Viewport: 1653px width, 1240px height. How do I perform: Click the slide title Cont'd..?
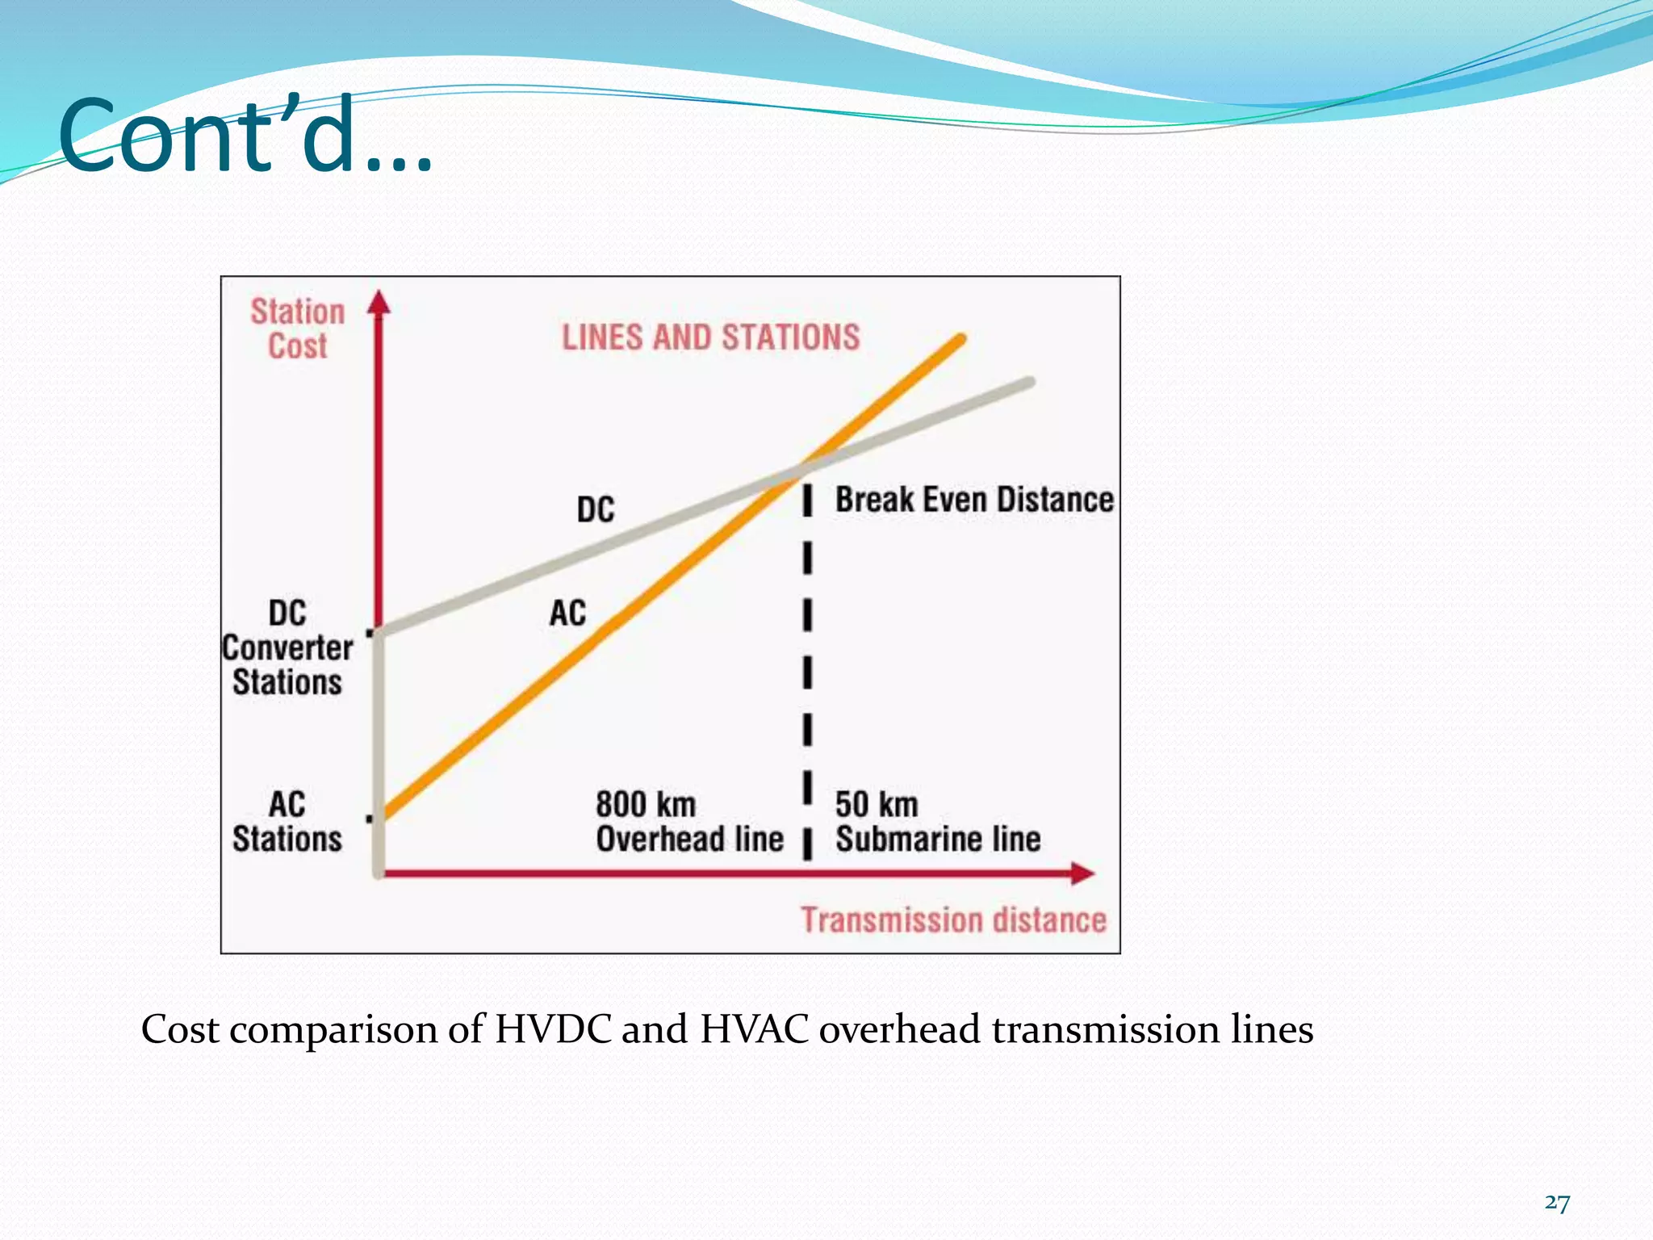246,136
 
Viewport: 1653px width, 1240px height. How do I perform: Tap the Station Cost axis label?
297,329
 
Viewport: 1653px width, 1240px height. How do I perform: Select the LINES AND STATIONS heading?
710,337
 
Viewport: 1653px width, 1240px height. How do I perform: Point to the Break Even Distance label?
974,500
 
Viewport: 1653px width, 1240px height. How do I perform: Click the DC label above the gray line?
596,509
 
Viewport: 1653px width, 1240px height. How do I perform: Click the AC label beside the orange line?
567,613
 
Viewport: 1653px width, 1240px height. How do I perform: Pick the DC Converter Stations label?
287,647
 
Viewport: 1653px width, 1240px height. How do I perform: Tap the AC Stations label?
287,821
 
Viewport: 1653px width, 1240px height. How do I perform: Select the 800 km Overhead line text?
689,822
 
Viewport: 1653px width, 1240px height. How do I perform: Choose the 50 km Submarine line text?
937,822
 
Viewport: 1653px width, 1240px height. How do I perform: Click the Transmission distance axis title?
953,920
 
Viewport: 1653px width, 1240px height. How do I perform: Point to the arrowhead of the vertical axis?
379,302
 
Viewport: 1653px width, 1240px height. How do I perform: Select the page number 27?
1557,1204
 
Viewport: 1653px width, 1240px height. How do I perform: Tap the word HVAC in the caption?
754,1030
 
